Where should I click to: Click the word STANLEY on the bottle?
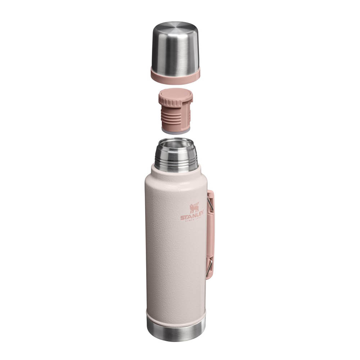(192, 217)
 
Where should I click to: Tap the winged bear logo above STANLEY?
(194, 208)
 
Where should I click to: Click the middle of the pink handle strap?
(211, 236)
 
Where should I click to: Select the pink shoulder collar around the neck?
(176, 172)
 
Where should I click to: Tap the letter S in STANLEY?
(183, 218)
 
